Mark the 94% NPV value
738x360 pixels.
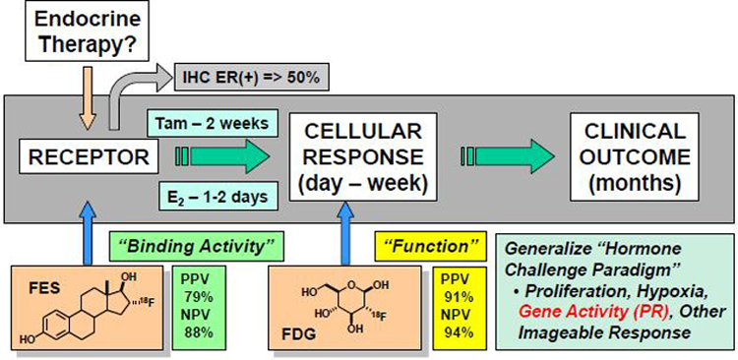[459, 333]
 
